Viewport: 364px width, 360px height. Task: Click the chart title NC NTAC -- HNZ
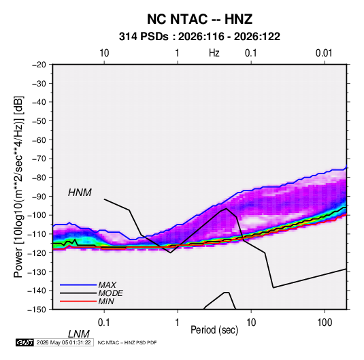[199, 19]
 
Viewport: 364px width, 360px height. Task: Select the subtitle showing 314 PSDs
[199, 37]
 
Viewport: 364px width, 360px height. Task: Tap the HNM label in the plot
[80, 193]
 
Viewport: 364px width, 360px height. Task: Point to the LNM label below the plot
[79, 334]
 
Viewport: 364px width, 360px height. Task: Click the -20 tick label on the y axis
[39, 65]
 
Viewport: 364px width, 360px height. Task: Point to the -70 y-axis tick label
[39, 159]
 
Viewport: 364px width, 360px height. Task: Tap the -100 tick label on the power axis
[37, 215]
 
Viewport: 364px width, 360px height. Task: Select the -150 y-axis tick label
[37, 310]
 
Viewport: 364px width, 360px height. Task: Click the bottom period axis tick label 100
[325, 323]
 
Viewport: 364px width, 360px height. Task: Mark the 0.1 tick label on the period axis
[104, 323]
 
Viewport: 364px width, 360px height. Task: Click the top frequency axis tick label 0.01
[324, 53]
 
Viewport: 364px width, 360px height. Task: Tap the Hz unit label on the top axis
[214, 53]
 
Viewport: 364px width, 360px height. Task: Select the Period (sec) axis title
[214, 330]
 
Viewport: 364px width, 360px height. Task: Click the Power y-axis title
[18, 187]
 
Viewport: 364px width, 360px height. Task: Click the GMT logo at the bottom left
[24, 342]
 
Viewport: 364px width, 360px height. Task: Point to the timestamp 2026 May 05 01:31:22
[63, 342]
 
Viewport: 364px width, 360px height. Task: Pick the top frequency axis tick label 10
[104, 53]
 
